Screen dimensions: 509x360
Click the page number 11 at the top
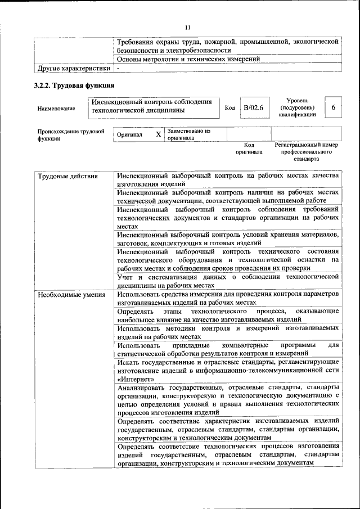[x=188, y=26]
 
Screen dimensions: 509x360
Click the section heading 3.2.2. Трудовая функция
[x=75, y=85]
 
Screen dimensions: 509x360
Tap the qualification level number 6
[x=334, y=107]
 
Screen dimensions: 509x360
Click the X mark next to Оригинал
[x=158, y=134]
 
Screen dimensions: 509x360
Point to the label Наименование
[x=56, y=109]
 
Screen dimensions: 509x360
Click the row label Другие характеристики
[x=74, y=69]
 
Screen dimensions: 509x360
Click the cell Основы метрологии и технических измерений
[x=188, y=59]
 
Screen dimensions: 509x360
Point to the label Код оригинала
[x=249, y=148]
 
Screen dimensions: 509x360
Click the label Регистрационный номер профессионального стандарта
[x=306, y=152]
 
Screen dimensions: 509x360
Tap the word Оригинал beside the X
[x=130, y=135]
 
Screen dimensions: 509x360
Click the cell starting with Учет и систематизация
[x=227, y=281]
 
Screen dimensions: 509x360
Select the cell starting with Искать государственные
[x=227, y=371]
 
